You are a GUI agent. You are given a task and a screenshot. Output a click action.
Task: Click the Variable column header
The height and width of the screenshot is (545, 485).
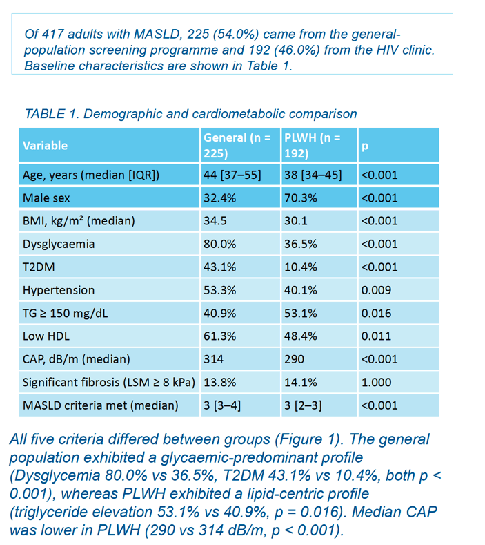click(x=45, y=145)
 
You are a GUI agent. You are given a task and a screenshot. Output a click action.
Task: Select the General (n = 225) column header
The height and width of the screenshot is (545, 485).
click(x=237, y=145)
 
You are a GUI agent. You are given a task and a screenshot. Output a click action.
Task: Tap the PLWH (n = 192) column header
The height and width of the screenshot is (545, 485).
click(x=313, y=145)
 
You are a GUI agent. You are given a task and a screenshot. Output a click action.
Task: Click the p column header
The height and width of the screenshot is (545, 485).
click(x=364, y=146)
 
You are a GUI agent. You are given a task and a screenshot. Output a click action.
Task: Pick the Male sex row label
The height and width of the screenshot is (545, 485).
click(x=46, y=198)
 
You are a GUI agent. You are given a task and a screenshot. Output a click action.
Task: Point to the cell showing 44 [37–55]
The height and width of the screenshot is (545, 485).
click(x=232, y=175)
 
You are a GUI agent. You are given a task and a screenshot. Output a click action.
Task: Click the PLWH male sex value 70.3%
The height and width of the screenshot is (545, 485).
click(x=301, y=198)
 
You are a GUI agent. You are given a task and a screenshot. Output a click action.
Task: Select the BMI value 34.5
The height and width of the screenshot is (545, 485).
click(x=215, y=221)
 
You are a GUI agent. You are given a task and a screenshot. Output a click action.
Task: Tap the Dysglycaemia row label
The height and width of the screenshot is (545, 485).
click(x=59, y=244)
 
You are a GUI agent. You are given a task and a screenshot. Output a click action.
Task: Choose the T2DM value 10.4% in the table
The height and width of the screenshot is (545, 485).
click(x=301, y=267)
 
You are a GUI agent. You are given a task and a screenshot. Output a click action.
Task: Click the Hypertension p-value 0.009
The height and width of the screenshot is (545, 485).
click(x=376, y=290)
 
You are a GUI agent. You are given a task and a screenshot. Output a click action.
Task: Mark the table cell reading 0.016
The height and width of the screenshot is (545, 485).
click(x=376, y=313)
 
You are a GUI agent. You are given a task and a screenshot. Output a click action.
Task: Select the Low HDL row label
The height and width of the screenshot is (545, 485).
click(x=46, y=336)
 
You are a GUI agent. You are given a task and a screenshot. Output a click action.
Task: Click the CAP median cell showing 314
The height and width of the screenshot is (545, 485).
click(x=213, y=359)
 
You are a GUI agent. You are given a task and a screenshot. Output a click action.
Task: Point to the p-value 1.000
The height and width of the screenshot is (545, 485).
click(x=376, y=383)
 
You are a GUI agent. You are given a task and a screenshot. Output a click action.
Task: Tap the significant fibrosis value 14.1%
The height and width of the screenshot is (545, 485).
click(x=301, y=383)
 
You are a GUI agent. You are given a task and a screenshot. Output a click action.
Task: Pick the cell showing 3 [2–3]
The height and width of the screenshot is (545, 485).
click(x=303, y=405)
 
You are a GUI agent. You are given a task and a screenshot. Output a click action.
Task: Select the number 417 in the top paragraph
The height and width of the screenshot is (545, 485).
click(x=52, y=34)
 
